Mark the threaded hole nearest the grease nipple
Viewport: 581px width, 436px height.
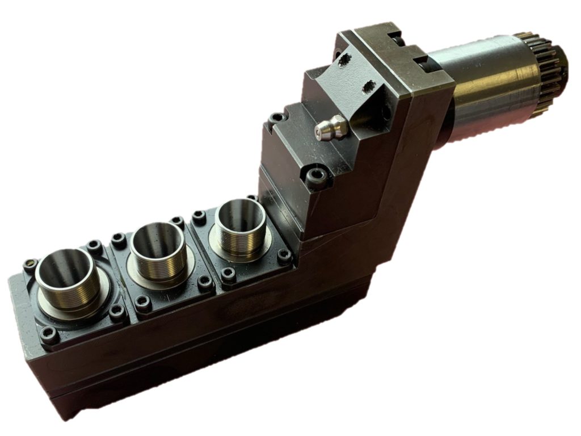[x=368, y=86]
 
